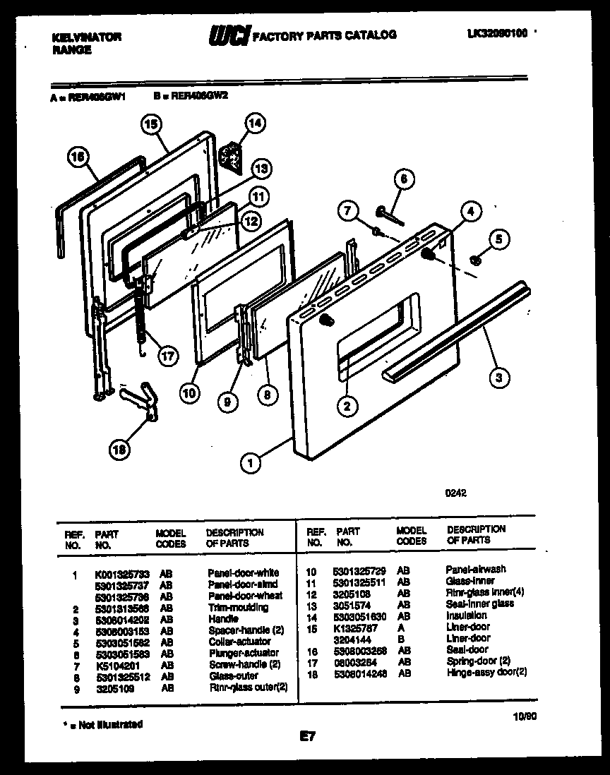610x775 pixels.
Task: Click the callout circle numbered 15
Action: pos(151,124)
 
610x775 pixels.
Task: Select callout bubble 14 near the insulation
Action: pos(255,124)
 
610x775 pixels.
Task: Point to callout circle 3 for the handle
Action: pos(499,378)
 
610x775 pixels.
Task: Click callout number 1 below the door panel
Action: pos(249,463)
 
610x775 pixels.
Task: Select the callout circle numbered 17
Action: pos(167,356)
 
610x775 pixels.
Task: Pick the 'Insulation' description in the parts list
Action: pos(466,615)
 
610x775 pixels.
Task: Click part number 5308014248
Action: pos(360,673)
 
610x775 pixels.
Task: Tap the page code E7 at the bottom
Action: pos(307,738)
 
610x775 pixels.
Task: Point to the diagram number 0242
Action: pos(455,494)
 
